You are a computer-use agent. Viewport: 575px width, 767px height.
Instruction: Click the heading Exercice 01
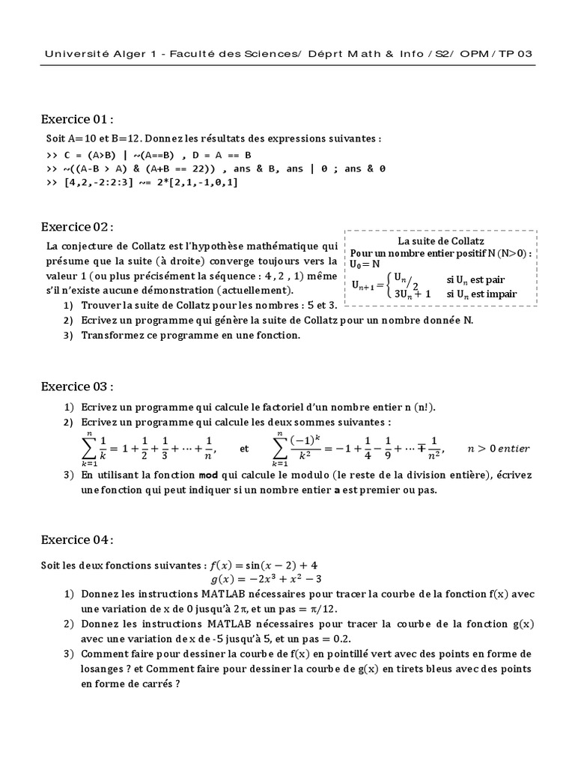click(77, 119)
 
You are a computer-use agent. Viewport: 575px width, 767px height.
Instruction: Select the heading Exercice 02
click(78, 227)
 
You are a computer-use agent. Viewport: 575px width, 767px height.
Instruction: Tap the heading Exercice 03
click(78, 386)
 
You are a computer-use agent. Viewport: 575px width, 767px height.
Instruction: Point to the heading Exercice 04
click(78, 540)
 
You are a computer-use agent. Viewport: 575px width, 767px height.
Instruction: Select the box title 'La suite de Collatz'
click(441, 241)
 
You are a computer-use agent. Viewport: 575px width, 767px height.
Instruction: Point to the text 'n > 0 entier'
click(498, 449)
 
